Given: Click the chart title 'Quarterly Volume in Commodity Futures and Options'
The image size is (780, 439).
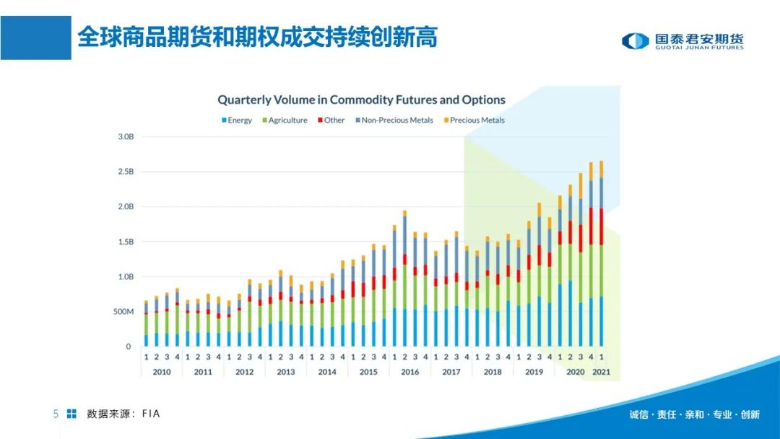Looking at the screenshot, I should pyautogui.click(x=361, y=100).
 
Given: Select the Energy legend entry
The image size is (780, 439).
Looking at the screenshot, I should pyautogui.click(x=236, y=121).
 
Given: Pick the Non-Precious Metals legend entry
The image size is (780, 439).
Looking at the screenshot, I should pyautogui.click(x=394, y=121).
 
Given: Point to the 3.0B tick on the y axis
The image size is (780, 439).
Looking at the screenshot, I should pyautogui.click(x=125, y=136).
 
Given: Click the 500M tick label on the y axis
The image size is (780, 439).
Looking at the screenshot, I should pyautogui.click(x=123, y=312).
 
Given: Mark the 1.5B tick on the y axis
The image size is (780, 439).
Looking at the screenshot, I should pyautogui.click(x=125, y=242).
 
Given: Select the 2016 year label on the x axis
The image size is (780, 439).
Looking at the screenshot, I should pyautogui.click(x=409, y=372).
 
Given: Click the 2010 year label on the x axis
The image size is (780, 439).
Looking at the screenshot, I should pyautogui.click(x=162, y=372).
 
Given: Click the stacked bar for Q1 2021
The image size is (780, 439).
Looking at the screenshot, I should pyautogui.click(x=601, y=253).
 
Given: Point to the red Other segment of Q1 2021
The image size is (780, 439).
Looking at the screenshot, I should pyautogui.click(x=601, y=227).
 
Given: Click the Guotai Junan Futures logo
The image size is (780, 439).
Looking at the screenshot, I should pyautogui.click(x=682, y=41).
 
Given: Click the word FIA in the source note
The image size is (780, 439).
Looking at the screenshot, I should pyautogui.click(x=151, y=414).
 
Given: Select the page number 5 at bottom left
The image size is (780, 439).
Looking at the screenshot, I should pyautogui.click(x=56, y=414).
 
